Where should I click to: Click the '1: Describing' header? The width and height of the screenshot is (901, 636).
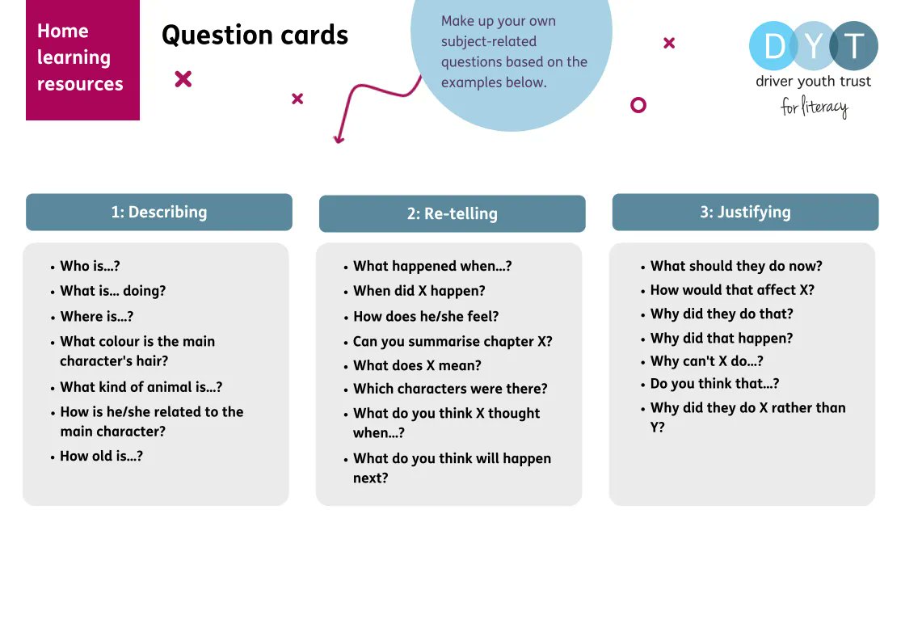(159, 213)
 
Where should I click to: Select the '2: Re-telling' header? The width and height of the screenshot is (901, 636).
(452, 214)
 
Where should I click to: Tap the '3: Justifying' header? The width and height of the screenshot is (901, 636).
(745, 213)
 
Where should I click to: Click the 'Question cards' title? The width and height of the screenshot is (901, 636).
(255, 36)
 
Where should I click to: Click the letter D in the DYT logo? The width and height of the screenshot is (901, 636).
(774, 46)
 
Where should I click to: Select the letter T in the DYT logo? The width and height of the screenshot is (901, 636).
(853, 46)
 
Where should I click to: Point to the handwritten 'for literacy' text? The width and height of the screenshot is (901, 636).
(814, 107)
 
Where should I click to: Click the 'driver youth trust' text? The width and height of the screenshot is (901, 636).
(813, 81)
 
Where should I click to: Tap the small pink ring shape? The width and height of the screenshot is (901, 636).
(638, 105)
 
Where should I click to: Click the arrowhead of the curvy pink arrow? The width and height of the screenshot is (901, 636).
(339, 140)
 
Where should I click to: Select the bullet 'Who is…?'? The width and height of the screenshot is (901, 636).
(90, 266)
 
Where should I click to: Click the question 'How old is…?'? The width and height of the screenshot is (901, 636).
(101, 456)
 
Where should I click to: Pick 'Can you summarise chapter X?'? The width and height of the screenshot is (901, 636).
(453, 341)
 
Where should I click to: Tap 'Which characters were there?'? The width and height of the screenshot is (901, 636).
(450, 389)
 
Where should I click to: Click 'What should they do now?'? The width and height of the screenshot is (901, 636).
(736, 266)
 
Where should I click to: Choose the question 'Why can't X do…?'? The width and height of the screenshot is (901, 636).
(706, 361)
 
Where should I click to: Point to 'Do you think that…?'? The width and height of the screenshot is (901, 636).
(714, 384)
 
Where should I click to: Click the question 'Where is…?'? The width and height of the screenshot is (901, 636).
(96, 317)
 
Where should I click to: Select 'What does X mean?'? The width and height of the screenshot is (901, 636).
(417, 365)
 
